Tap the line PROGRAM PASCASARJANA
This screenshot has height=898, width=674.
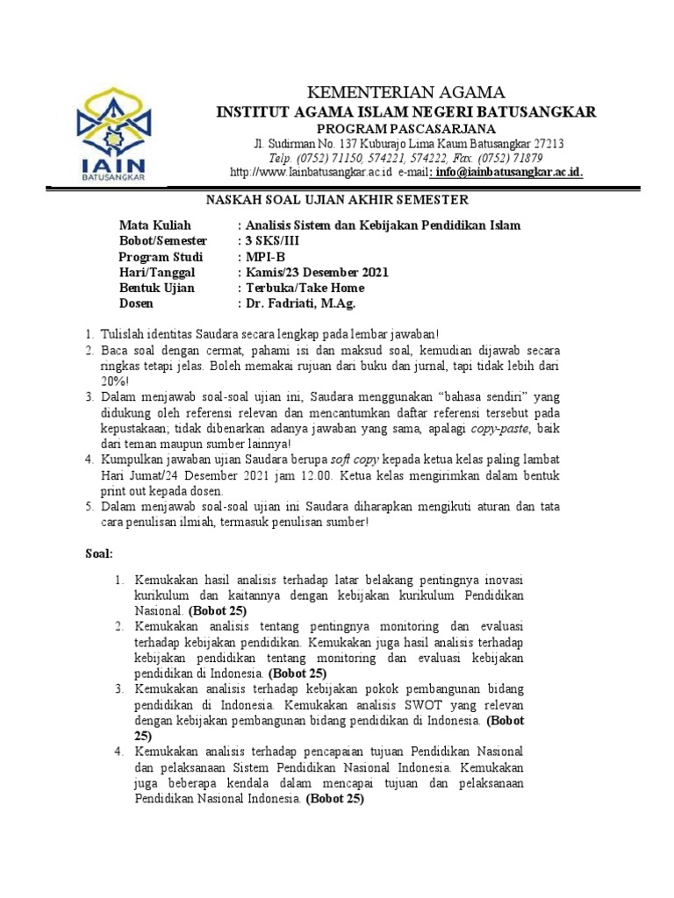[x=406, y=128]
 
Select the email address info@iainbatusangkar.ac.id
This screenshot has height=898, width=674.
[x=508, y=173]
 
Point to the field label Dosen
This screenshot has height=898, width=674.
[x=136, y=303]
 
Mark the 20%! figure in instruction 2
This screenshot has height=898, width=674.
[x=113, y=381]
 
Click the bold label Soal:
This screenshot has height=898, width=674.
[x=98, y=554]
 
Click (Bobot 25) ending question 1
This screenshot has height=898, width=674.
[x=218, y=609]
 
